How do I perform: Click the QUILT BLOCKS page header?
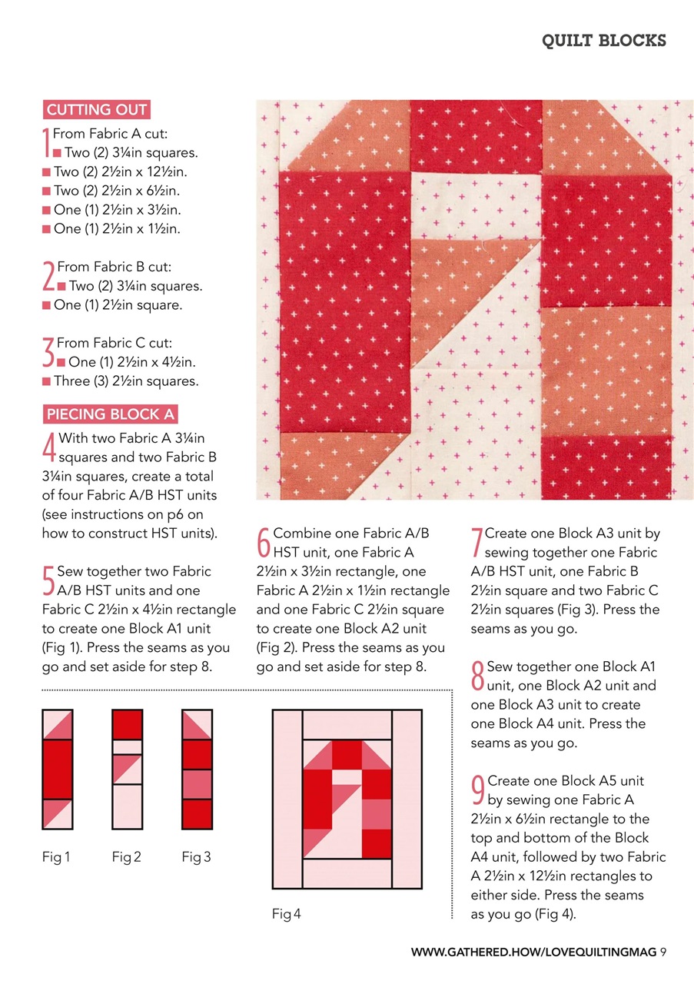[x=603, y=41]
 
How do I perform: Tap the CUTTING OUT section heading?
[x=97, y=109]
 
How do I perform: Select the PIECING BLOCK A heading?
[x=111, y=414]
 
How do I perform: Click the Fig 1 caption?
[x=56, y=856]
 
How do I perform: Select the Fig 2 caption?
[x=126, y=856]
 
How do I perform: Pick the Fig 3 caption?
[x=197, y=856]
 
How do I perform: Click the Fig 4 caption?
[x=287, y=914]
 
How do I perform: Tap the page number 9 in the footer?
[x=662, y=952]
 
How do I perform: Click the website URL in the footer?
[x=533, y=952]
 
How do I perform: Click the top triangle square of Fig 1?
[x=58, y=724]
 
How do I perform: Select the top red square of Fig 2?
[x=128, y=724]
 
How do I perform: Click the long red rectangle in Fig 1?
[x=58, y=769]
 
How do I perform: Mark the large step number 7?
[x=477, y=542]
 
